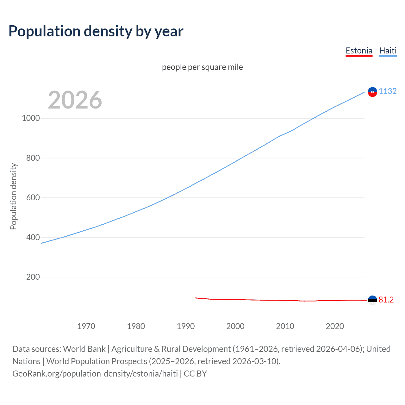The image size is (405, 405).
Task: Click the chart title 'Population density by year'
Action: [x=96, y=31]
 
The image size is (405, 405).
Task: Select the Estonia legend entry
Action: [x=359, y=51]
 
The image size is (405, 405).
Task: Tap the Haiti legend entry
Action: [x=388, y=51]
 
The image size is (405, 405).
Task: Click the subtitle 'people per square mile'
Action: [x=202, y=67]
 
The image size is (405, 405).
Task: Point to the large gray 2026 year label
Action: [x=75, y=100]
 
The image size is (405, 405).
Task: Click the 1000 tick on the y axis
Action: [x=31, y=118]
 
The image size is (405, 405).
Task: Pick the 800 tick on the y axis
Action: [x=33, y=158]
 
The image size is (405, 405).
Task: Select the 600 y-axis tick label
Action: [x=33, y=197]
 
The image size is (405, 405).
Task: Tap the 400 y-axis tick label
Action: [x=33, y=237]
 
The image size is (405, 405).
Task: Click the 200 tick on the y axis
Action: [x=33, y=277]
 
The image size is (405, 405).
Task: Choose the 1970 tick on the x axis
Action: [x=86, y=326]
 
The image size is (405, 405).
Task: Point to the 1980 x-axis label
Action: [x=136, y=326]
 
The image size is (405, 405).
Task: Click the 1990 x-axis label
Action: [x=186, y=326]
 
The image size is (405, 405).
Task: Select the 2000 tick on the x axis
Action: [x=235, y=326]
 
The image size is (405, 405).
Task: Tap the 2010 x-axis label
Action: [x=285, y=326]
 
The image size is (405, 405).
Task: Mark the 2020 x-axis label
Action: [x=335, y=326]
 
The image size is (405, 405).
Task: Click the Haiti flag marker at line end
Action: [x=372, y=92]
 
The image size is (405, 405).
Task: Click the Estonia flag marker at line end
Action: [x=372, y=300]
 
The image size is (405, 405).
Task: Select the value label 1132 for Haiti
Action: [x=388, y=91]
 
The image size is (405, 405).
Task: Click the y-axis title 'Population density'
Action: [x=13, y=196]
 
